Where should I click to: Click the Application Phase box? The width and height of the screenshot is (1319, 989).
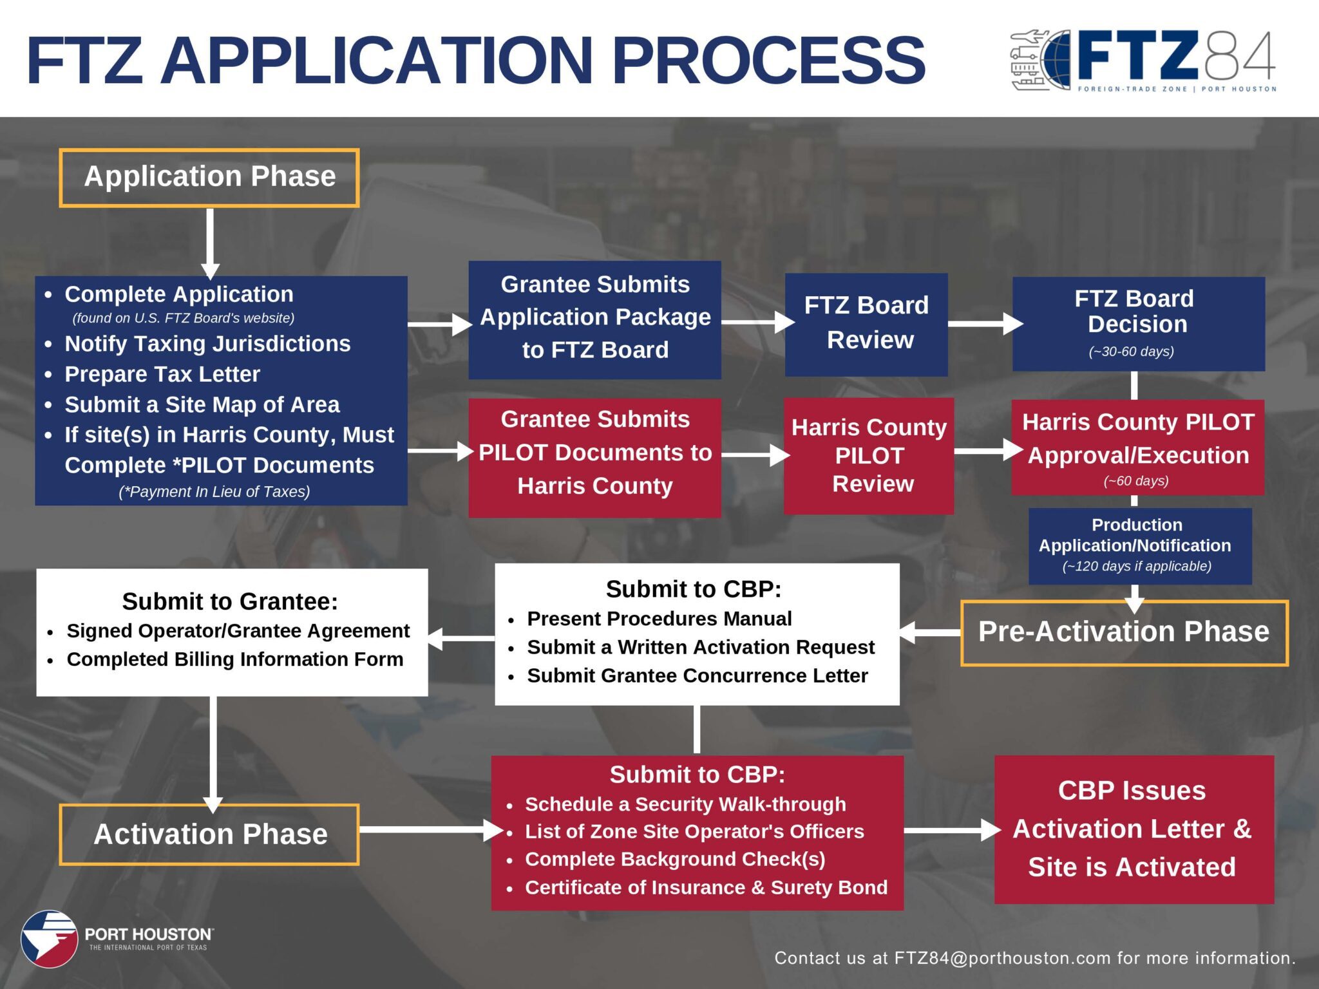209,178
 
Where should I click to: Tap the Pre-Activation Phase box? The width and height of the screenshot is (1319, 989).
1124,632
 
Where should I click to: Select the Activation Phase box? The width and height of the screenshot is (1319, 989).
210,834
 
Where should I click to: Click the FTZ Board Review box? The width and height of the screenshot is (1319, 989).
866,324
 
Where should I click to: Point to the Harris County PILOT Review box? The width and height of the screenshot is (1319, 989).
869,455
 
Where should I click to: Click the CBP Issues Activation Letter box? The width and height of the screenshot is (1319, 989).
1134,829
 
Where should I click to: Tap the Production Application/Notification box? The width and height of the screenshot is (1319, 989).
1139,546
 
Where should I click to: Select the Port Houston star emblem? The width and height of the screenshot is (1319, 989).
49,939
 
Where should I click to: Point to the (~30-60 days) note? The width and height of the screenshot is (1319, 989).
1132,352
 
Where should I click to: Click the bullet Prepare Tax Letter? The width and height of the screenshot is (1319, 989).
162,374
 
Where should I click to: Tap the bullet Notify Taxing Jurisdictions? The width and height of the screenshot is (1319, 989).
207,344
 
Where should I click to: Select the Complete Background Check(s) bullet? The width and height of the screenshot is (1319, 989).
675,859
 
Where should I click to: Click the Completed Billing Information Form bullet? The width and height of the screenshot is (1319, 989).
235,659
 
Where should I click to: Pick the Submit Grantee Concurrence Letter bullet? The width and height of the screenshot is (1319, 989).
697,675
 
